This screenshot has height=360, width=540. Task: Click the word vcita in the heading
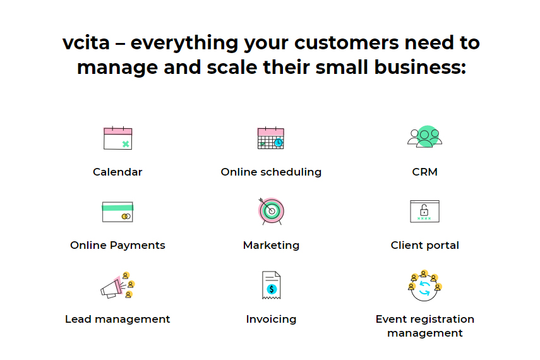point(86,43)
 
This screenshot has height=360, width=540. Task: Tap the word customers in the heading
point(346,44)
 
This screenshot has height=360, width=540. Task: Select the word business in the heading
point(420,67)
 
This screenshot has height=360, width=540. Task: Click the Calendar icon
point(117,138)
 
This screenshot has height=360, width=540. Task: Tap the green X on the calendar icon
point(126,144)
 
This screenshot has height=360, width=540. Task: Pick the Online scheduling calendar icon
point(271,138)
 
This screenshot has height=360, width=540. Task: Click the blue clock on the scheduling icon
point(279,142)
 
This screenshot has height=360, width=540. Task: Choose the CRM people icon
point(424,136)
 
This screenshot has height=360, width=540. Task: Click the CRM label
point(424,172)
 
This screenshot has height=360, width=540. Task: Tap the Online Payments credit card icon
point(117,212)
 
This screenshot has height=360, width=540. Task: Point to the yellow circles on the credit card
point(126,217)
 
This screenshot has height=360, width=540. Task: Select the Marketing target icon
point(272,211)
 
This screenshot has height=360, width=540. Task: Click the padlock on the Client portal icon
point(424,210)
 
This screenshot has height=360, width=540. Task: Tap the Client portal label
point(424,245)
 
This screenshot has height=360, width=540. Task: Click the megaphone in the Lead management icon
point(112,288)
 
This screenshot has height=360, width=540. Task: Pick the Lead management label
point(117,320)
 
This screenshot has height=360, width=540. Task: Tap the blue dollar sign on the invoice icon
point(272,289)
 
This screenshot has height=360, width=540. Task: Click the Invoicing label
point(272,320)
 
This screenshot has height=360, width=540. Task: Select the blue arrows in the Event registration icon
point(424,289)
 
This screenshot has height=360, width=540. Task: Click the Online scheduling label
point(271,172)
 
